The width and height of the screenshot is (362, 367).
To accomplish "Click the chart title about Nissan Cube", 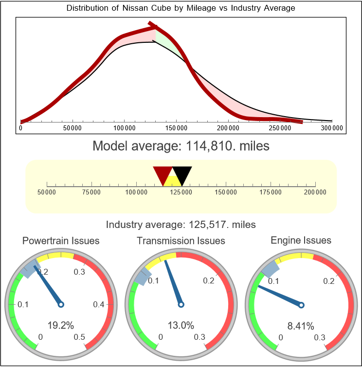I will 181,8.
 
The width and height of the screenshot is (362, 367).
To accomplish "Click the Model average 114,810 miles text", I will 181,146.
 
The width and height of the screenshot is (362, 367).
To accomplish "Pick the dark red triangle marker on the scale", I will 163,174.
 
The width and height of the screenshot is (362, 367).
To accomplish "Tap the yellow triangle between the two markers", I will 172,181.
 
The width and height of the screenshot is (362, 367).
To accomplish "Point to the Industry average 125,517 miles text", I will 181,225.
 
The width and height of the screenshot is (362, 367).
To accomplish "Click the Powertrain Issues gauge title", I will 61,241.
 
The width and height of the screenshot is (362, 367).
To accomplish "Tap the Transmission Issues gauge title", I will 181,241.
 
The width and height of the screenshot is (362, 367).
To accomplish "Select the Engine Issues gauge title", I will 301,240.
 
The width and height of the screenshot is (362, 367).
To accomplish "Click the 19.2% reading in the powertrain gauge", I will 61,325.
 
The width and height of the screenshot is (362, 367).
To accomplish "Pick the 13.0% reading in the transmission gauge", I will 181,325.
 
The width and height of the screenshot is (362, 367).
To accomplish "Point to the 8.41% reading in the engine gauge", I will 301,325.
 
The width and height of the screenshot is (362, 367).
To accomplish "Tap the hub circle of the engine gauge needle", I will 301,305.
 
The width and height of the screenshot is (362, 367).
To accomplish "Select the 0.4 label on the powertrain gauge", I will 99,305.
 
